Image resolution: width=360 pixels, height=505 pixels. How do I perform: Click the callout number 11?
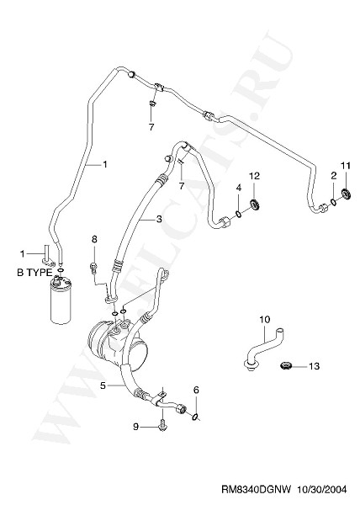[345, 166]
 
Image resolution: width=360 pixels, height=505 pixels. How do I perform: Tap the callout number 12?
[254, 176]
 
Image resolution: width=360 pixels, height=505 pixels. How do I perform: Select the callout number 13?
[314, 366]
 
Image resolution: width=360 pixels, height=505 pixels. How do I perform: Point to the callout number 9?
[135, 427]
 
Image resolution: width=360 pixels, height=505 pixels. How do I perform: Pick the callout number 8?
[94, 239]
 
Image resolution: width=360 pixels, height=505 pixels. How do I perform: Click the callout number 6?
[196, 390]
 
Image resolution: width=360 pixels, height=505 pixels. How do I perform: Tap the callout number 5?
[103, 385]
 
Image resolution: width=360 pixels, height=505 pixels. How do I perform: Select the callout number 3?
[159, 220]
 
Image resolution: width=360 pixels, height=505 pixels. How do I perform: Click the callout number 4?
[238, 187]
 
